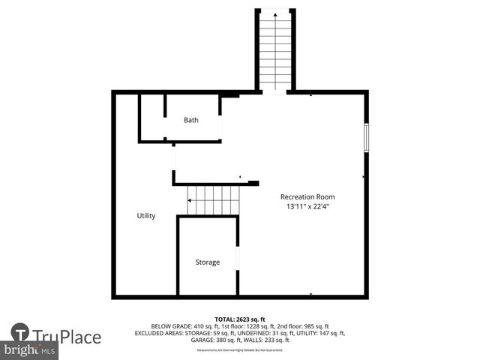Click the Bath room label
tap(191, 120)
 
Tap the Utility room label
tap(146, 216)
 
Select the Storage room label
tap(208, 262)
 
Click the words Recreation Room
tap(307, 196)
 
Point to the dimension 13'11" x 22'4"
tap(307, 206)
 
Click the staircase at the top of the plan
tap(275, 49)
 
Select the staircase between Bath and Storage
tap(213, 200)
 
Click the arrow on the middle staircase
tap(190, 200)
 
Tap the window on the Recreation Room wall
tap(367, 138)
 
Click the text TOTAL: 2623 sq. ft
tap(239, 319)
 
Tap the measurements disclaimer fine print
tap(239, 350)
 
